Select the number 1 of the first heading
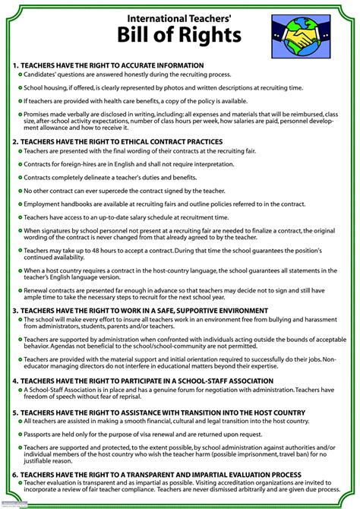point(15,66)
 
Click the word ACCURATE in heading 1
point(138,66)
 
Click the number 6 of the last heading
point(15,473)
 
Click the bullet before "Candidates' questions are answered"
point(18,77)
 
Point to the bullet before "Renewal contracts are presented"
point(18,289)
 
